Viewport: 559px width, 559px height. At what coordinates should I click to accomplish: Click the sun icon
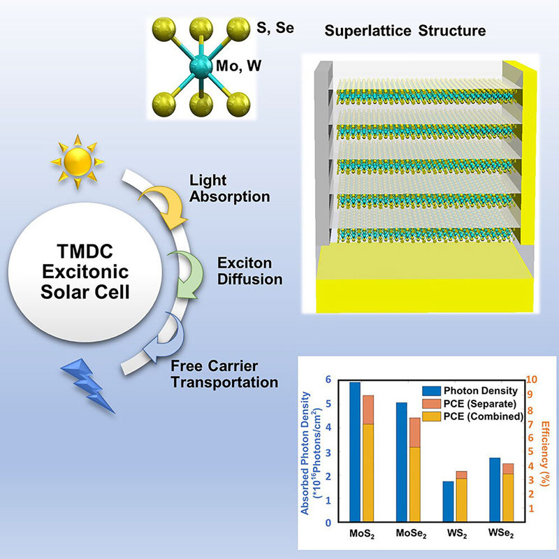tap(78, 161)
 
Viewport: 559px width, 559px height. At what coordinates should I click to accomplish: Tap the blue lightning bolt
tap(88, 386)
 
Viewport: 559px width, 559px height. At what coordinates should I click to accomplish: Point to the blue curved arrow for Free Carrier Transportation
tap(164, 337)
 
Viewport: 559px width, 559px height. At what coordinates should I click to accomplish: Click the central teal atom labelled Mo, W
tap(199, 66)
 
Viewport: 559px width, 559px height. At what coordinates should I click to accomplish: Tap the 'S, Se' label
tap(275, 27)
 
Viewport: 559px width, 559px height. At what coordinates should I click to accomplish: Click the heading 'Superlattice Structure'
tap(405, 31)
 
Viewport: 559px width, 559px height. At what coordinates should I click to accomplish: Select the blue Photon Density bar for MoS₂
tap(355, 451)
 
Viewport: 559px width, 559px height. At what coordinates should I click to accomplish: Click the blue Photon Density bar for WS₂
tap(448, 501)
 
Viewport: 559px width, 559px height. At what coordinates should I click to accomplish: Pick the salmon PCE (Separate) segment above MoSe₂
tap(414, 433)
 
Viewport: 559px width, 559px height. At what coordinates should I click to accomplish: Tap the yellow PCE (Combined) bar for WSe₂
tap(508, 498)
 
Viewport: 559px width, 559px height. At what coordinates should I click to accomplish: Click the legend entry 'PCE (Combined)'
tap(472, 416)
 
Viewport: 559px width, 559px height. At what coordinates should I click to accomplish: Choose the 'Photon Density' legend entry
tap(470, 391)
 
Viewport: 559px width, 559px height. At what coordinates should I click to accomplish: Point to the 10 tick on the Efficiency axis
tap(531, 379)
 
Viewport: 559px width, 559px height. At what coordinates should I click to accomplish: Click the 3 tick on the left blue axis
tap(328, 451)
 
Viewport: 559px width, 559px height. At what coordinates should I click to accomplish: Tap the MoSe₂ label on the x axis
tap(411, 534)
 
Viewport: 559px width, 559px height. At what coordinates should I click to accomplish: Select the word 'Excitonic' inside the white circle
tap(85, 272)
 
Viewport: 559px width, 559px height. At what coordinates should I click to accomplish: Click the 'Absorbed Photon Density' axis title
tap(305, 453)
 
